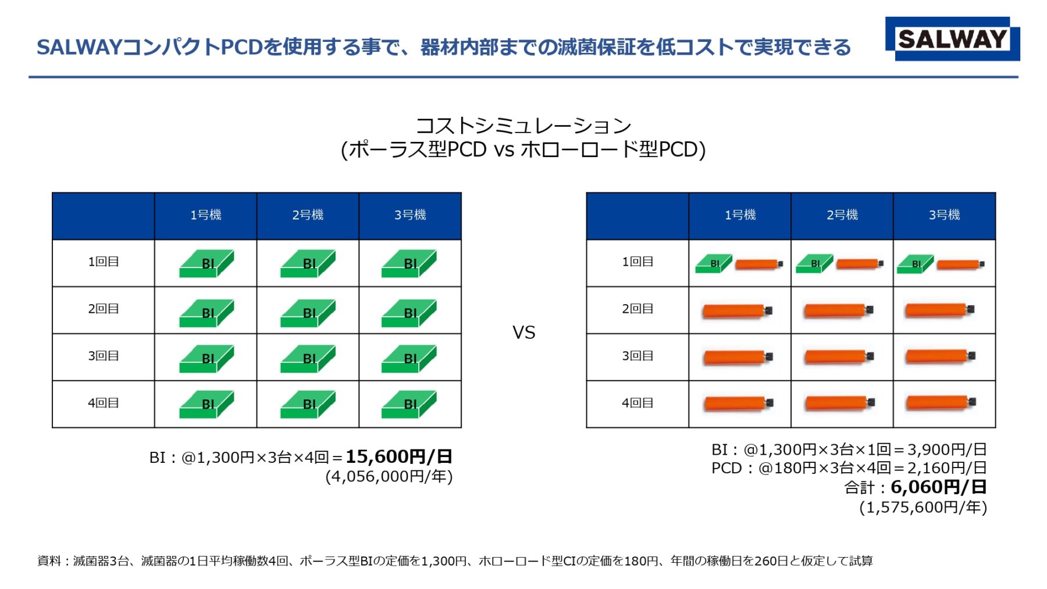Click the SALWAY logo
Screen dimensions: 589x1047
[952, 39]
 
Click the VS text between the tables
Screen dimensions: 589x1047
[523, 333]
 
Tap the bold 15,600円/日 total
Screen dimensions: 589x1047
[398, 457]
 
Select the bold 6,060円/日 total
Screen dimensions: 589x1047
[938, 487]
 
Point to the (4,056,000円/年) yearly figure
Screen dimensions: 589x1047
[389, 477]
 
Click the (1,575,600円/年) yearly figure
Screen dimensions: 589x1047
[923, 508]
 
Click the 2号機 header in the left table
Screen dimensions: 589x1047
[308, 215]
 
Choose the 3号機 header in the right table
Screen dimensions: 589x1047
[944, 215]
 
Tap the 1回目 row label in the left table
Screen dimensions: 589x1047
[104, 262]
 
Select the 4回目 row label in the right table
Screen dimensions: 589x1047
[638, 403]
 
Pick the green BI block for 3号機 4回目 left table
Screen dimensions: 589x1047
[409, 404]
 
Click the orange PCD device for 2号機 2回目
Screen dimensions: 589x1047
[838, 310]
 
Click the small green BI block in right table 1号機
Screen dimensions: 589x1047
[714, 264]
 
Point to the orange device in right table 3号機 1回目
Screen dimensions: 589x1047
[960, 265]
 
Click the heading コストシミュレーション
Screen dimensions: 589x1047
[523, 126]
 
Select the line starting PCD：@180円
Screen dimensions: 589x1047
[849, 468]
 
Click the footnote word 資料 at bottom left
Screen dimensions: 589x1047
[49, 561]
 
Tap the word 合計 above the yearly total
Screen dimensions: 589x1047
[859, 488]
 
